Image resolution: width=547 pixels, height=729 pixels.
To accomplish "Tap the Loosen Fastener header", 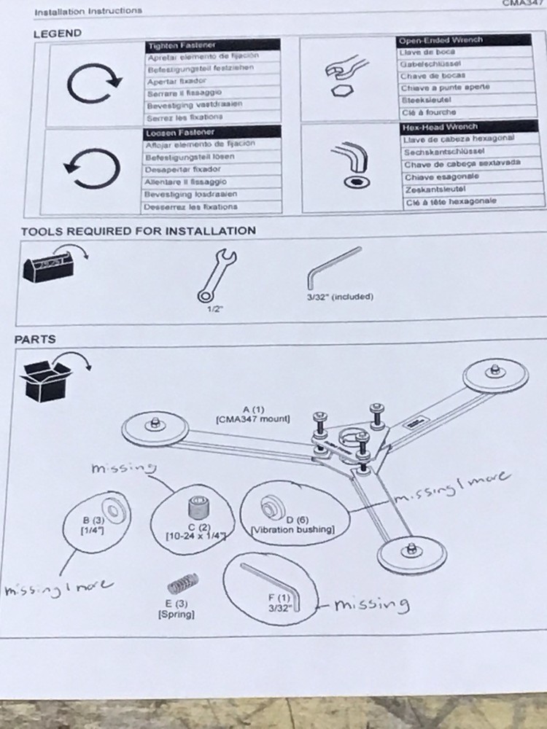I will [x=180, y=133].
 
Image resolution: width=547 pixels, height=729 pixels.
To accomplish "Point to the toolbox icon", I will [x=48, y=268].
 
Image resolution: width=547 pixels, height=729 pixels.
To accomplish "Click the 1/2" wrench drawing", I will [x=216, y=275].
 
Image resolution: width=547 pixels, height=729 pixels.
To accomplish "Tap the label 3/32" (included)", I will [x=339, y=297].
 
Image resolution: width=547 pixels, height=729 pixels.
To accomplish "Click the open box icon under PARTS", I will [x=50, y=378].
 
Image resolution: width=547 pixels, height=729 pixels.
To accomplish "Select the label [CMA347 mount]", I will [x=253, y=419].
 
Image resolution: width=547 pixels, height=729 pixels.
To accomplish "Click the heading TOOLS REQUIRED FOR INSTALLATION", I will [x=138, y=231].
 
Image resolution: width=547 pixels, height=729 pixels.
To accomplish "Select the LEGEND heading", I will [x=58, y=34].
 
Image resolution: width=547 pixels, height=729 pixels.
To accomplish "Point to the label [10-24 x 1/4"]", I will [x=195, y=537].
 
